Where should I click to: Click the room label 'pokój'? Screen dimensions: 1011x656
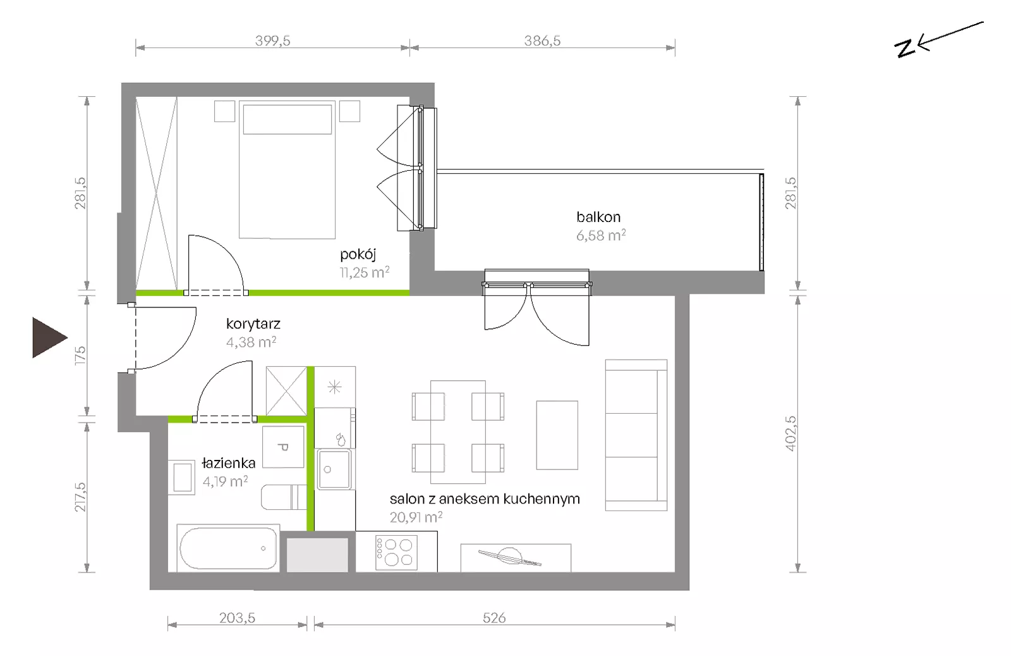[x=358, y=254]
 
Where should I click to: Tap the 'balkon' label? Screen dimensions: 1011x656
[x=598, y=218]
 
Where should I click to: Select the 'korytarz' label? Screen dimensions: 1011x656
[x=253, y=324]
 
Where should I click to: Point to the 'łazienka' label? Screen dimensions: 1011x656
[x=228, y=462]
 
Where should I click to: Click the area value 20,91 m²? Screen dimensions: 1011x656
[x=416, y=517]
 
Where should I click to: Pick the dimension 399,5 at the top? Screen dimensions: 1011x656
[x=272, y=40]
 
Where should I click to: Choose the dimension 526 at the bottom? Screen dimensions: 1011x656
[x=494, y=617]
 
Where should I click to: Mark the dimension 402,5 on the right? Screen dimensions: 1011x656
[x=791, y=433]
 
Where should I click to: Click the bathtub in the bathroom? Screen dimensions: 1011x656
[x=228, y=548]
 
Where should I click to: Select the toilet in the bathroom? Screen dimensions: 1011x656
[x=284, y=497]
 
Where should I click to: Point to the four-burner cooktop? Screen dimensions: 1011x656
[x=396, y=552]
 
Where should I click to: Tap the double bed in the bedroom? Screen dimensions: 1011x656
[x=287, y=170]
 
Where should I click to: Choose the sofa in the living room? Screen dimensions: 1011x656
[x=636, y=435]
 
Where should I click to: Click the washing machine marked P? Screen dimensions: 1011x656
[x=284, y=447]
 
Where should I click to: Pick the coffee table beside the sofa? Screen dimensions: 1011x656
[x=557, y=435]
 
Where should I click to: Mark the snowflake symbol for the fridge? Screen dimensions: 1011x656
[x=334, y=387]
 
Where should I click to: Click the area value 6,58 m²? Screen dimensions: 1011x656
[x=601, y=235]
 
